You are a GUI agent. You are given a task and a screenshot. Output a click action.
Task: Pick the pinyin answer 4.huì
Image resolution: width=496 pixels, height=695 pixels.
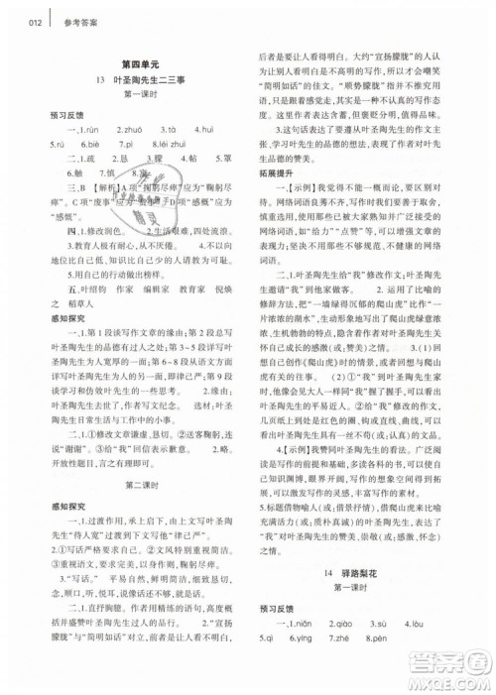click(x=205, y=129)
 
